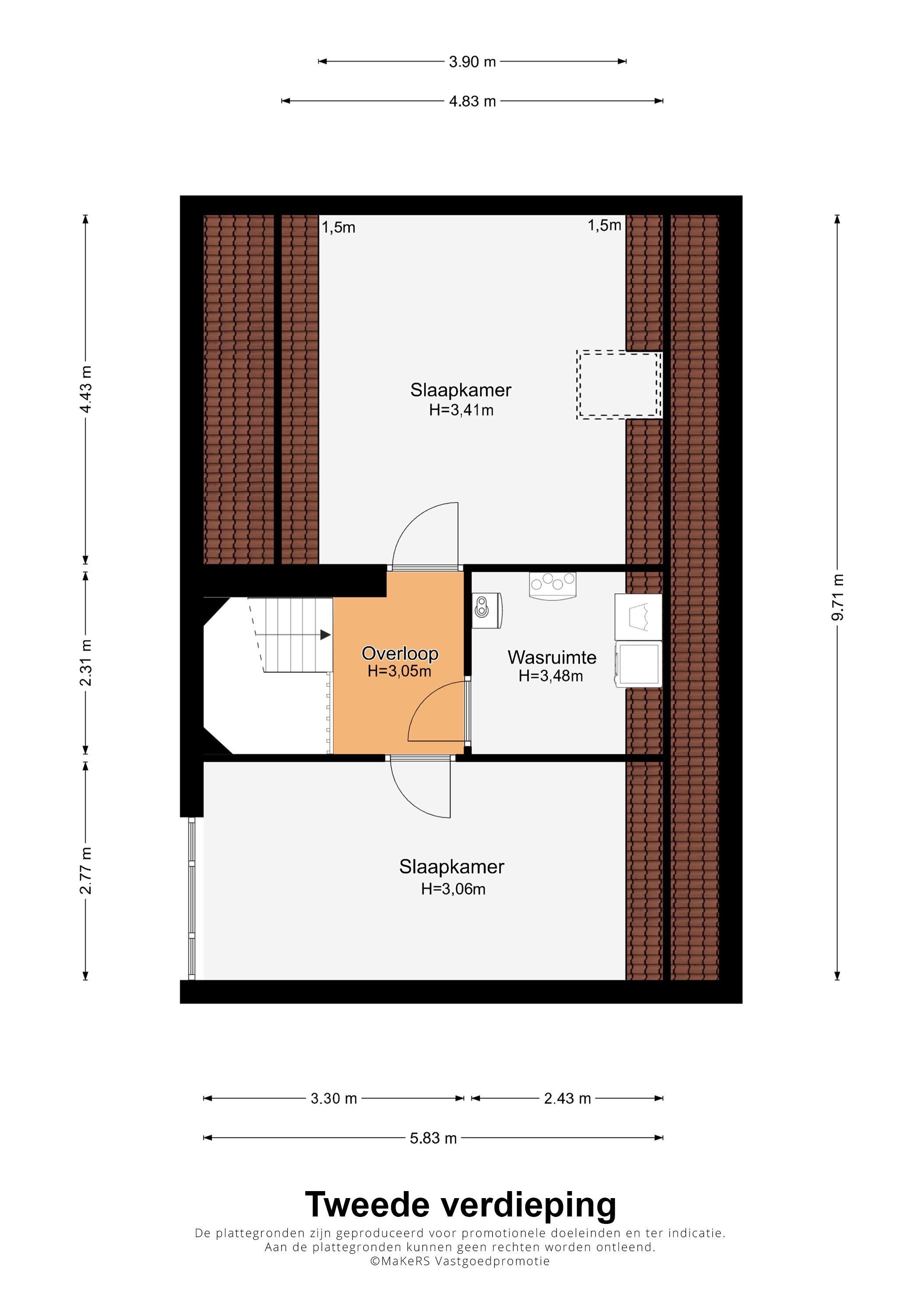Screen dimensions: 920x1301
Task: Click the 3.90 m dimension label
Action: coord(472,62)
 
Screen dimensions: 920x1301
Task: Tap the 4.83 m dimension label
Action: coord(472,102)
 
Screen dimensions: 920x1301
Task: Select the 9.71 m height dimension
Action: coord(837,597)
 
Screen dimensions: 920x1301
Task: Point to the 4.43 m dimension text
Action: coord(85,389)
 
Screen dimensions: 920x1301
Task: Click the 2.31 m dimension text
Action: coord(85,663)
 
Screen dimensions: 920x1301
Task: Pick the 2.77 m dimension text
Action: coord(85,871)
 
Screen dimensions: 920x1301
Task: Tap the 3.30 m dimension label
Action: coord(334,1099)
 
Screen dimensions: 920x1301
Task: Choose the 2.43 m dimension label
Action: coord(567,1099)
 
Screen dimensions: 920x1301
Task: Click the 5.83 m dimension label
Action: coord(433,1139)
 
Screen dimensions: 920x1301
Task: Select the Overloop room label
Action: coord(400,653)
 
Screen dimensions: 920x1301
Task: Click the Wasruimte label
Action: coord(552,657)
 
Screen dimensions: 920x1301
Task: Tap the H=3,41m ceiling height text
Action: coord(461,410)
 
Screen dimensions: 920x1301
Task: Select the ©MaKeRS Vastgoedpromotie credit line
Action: coord(460,1261)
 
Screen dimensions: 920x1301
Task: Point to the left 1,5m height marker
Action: coord(338,228)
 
